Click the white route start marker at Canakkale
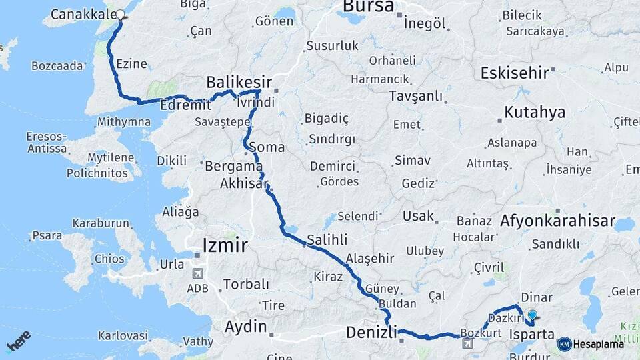[121, 15]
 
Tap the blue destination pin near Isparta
[532, 316]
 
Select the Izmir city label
[225, 246]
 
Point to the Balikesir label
[239, 82]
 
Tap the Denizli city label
[371, 332]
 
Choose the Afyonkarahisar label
[557, 221]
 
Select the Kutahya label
[535, 112]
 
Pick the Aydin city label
[246, 327]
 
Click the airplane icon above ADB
[198, 273]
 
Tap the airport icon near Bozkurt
[467, 343]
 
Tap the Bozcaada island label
[58, 65]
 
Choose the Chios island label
[109, 259]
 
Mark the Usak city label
[418, 217]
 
